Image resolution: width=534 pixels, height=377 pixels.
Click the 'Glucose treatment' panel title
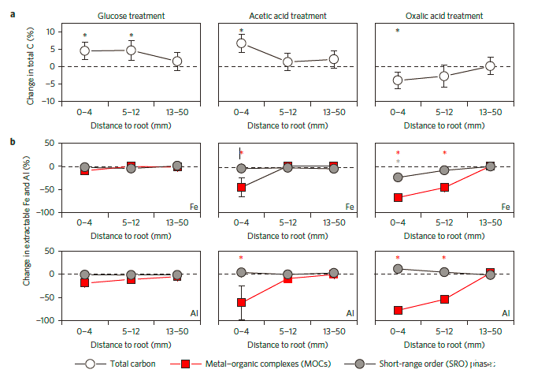tap(131, 16)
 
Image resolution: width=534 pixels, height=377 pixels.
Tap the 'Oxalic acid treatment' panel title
tap(444, 16)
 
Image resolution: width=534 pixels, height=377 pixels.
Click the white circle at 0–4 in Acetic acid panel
tap(242, 43)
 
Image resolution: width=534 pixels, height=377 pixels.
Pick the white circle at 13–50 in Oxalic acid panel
tap(490, 65)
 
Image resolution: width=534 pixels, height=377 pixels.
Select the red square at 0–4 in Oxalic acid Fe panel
tap(398, 197)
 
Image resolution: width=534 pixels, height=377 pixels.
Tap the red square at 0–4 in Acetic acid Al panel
tap(242, 303)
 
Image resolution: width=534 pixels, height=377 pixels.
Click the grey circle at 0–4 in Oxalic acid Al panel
tap(398, 269)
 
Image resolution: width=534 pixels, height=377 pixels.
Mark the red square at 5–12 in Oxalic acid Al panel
tap(444, 299)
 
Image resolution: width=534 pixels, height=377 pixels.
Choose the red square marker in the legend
tap(187, 364)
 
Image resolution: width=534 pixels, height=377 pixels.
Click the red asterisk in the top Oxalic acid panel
tap(398, 32)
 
